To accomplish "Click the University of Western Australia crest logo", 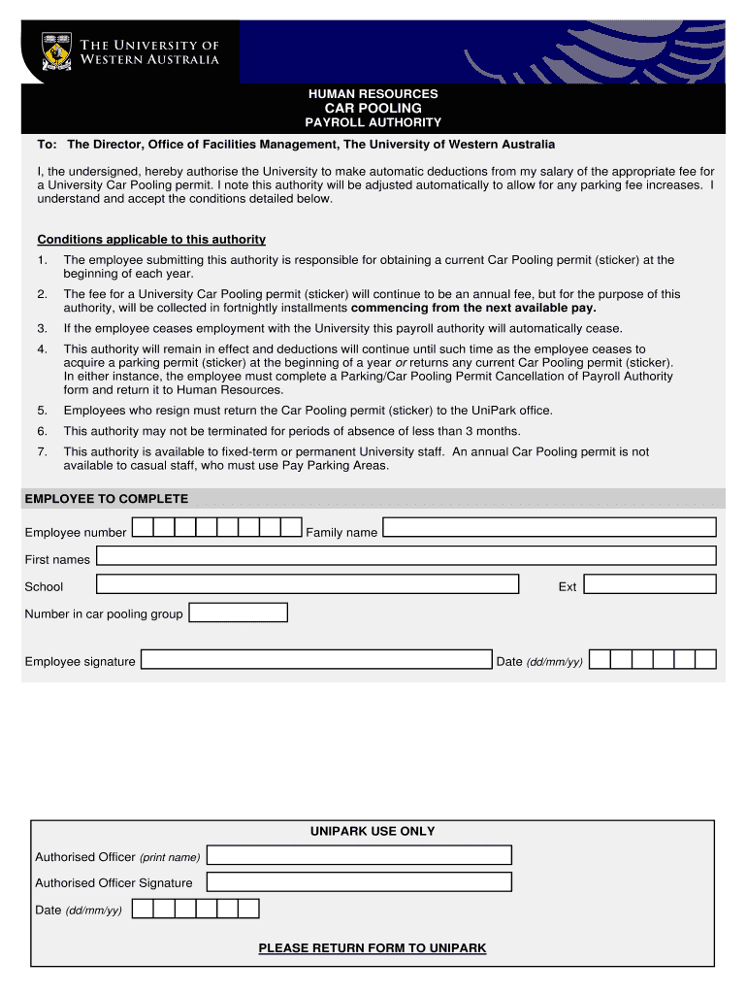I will (x=56, y=51).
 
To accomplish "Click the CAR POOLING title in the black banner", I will (x=373, y=108).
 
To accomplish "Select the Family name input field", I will (x=548, y=527).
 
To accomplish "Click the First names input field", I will (x=406, y=555).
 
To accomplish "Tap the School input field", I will (x=308, y=583).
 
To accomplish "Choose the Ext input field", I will (x=649, y=583).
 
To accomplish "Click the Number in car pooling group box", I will (x=239, y=613).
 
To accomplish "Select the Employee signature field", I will (x=317, y=660).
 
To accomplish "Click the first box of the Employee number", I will (x=142, y=527).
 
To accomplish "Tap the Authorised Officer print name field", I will (x=359, y=855).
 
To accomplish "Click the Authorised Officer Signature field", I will (x=359, y=882).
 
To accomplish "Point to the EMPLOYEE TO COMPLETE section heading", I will (x=107, y=499).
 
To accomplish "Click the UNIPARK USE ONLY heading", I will (x=373, y=831).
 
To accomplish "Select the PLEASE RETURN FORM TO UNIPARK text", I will (x=373, y=948).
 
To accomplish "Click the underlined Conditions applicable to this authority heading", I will (x=151, y=240).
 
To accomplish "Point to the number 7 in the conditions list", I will (x=42, y=452).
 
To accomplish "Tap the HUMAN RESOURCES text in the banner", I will (x=373, y=93).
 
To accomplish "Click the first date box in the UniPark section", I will (x=142, y=909).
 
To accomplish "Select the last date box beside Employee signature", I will (x=705, y=660).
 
